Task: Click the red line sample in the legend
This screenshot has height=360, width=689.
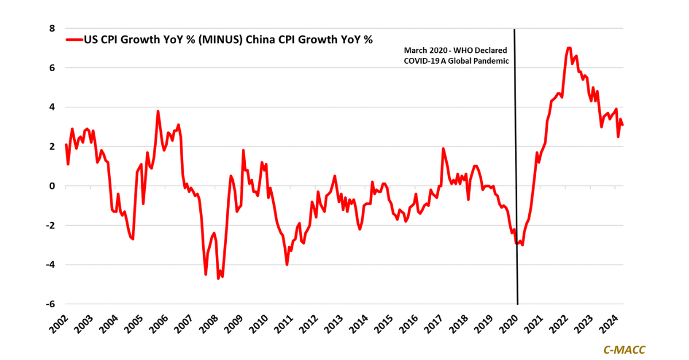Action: click(75, 40)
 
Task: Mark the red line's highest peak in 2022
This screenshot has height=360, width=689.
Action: click(568, 48)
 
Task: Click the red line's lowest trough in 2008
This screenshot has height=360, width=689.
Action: click(218, 278)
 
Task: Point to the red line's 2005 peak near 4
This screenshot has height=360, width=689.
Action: click(157, 111)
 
